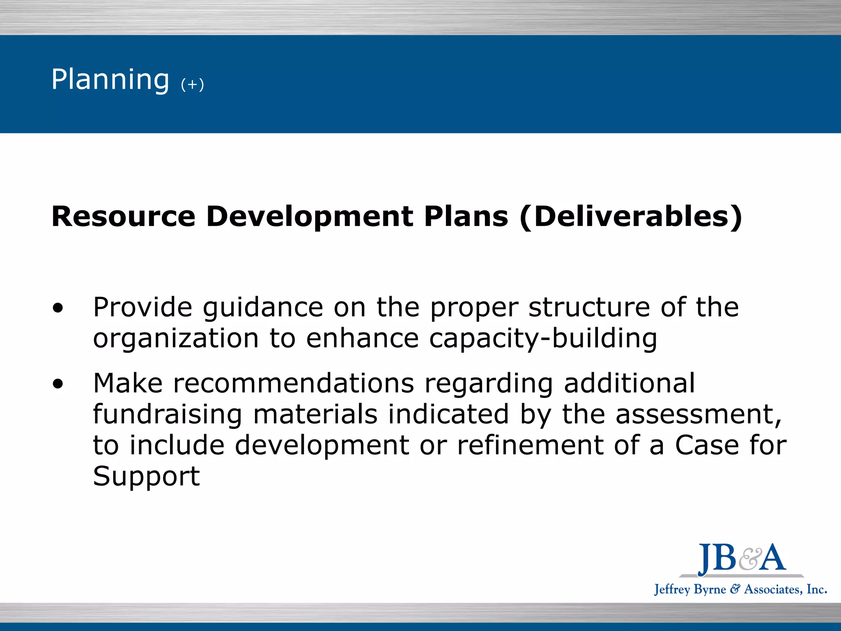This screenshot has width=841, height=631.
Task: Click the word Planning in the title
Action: click(x=110, y=80)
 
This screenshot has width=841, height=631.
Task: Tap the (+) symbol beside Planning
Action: click(x=192, y=85)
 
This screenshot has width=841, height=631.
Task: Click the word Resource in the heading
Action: click(x=123, y=216)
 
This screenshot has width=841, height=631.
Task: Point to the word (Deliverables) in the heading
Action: click(x=631, y=216)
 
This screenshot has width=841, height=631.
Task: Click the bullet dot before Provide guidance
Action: click(x=58, y=308)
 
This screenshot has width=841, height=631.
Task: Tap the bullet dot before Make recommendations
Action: click(x=58, y=384)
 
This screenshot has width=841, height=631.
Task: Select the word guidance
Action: click(x=263, y=308)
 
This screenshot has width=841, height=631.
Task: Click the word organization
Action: click(x=176, y=339)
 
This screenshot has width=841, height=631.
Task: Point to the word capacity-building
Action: click(x=543, y=339)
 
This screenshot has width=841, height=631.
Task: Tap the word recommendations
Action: click(x=294, y=383)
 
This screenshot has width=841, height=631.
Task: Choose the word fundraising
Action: click(x=168, y=415)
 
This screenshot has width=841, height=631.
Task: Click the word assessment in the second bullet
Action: click(x=698, y=415)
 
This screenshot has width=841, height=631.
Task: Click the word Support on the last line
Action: click(x=146, y=477)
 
